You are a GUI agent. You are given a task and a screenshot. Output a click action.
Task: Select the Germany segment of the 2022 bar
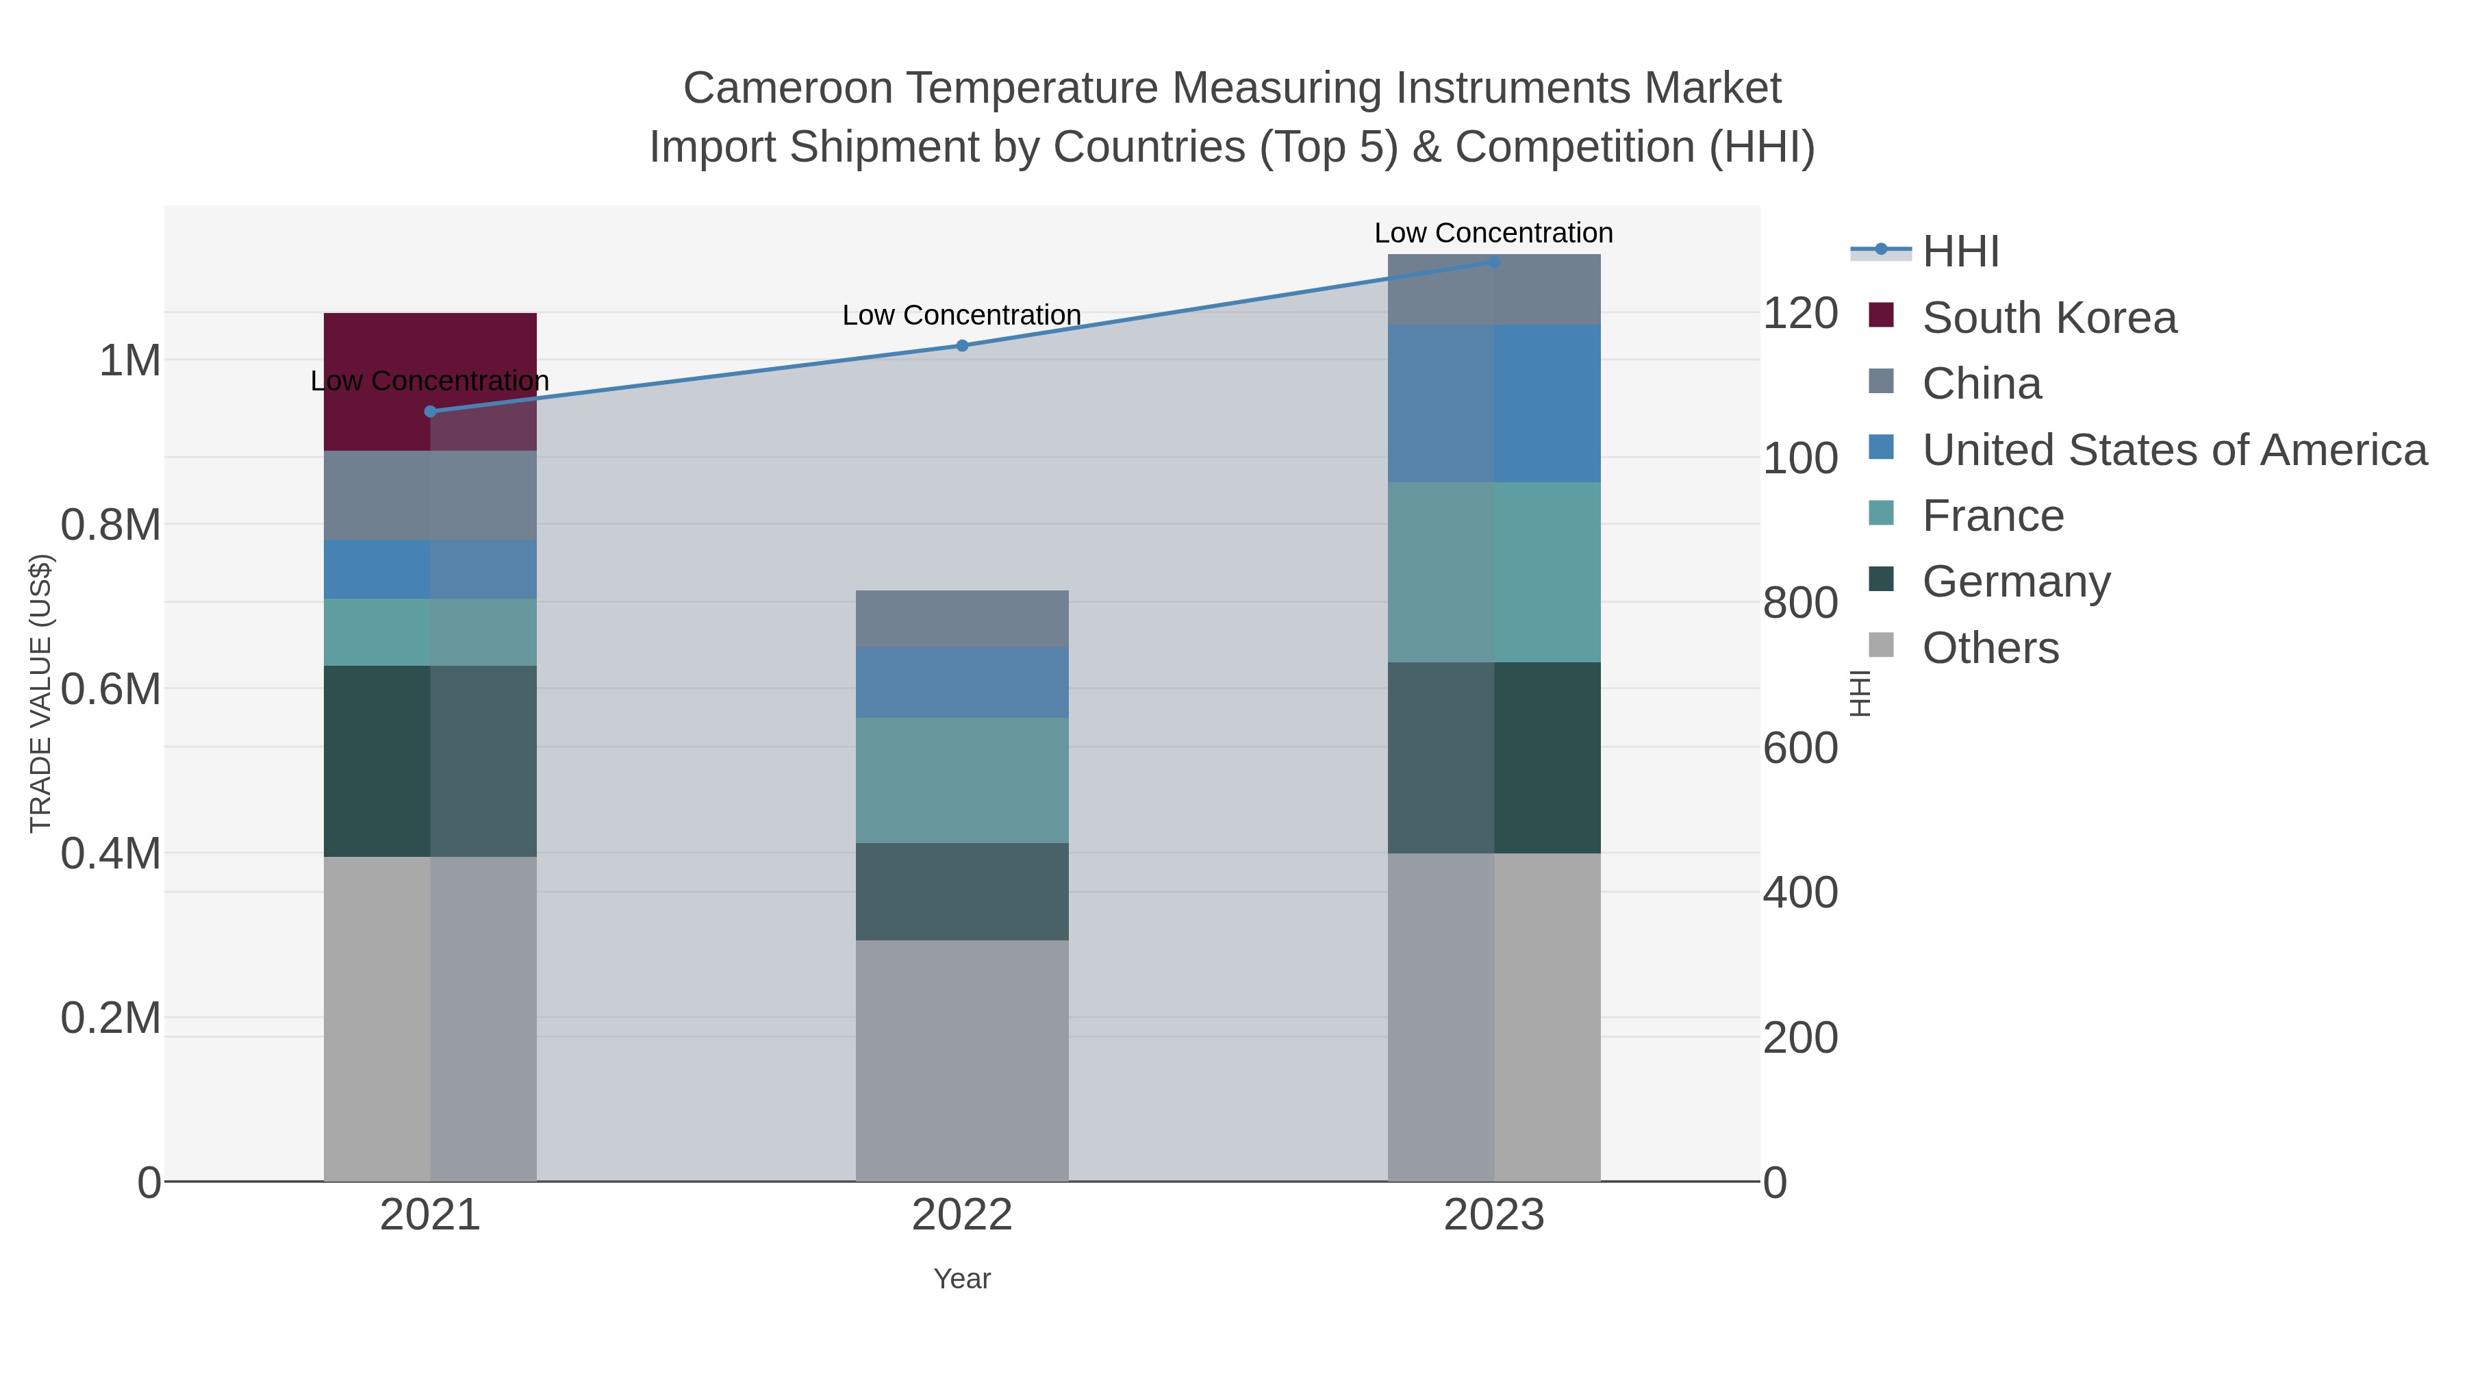point(962,891)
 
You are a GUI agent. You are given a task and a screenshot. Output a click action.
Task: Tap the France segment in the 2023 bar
point(1494,571)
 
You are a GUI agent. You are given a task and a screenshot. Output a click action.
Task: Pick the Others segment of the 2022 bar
point(962,1060)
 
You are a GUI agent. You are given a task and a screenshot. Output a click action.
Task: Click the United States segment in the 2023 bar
point(1494,403)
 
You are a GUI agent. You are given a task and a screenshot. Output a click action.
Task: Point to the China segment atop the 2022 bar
point(962,618)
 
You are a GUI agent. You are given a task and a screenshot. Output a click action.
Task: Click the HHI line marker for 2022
point(963,346)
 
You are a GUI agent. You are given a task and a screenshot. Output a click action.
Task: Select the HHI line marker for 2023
point(1494,262)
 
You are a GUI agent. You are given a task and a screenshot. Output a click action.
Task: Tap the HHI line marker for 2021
point(429,412)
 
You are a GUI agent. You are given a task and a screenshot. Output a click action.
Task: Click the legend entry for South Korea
point(2048,318)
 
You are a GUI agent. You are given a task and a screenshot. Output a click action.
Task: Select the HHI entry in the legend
point(1960,252)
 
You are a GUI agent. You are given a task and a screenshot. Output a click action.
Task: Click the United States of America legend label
point(2174,450)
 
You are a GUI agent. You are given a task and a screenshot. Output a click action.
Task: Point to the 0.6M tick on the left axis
point(110,689)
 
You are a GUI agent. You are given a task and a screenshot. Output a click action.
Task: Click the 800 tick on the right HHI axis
point(1799,603)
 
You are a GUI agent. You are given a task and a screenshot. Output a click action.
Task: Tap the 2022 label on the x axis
point(962,1216)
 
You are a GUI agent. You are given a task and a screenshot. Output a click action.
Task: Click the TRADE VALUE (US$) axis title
point(40,693)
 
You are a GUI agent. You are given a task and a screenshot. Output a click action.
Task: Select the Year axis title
point(962,1279)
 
